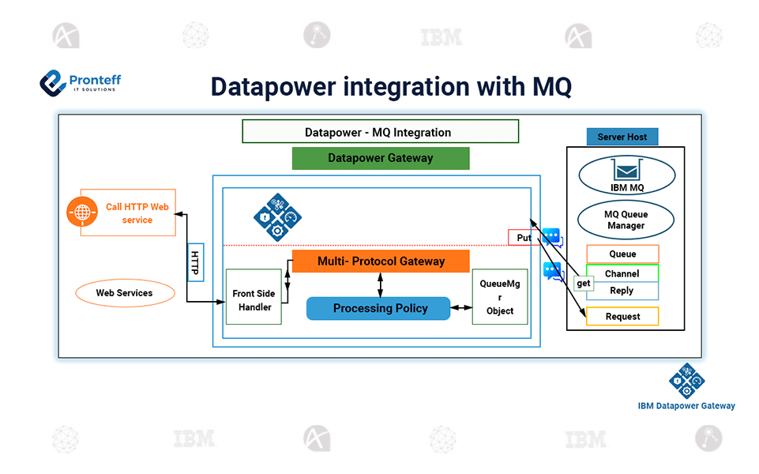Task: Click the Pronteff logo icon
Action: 53,82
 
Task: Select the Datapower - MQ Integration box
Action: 380,132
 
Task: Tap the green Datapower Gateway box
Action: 381,158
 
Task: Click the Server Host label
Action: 622,137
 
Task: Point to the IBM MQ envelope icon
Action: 626,171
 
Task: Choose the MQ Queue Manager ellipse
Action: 626,220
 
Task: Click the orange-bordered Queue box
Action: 622,254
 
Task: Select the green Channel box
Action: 622,273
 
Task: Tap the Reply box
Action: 622,292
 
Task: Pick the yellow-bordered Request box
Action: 622,317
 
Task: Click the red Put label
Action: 523,237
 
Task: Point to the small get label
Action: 584,283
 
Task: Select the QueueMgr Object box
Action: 500,296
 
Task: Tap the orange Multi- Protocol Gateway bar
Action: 381,261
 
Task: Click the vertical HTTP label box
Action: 195,262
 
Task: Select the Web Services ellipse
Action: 125,293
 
